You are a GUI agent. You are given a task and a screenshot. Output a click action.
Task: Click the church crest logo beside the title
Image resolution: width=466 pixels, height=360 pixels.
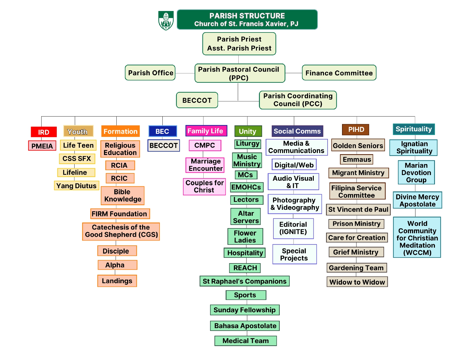(x=166, y=20)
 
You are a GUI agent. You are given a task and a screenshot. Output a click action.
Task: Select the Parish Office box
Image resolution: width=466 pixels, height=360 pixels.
(x=150, y=73)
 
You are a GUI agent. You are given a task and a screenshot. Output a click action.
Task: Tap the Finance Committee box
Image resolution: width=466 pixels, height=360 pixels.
(x=339, y=73)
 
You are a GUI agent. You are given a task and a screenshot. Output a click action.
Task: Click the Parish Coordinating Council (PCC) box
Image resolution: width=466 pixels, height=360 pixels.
(x=298, y=100)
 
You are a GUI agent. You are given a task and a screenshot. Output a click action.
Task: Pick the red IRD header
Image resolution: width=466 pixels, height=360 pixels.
(x=44, y=132)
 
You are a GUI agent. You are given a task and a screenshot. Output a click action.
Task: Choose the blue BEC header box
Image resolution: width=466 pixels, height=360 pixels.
(x=162, y=131)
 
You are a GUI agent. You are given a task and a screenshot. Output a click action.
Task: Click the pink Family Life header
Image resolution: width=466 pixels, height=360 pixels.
(x=206, y=131)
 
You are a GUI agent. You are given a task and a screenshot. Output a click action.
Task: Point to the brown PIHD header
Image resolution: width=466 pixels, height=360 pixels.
(x=356, y=130)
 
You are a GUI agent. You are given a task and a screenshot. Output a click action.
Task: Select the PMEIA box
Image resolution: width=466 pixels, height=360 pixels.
(x=42, y=146)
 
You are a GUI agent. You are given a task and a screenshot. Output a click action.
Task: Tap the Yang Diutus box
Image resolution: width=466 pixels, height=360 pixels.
(x=77, y=186)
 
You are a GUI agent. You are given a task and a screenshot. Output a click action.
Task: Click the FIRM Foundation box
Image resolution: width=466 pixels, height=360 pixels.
(x=120, y=214)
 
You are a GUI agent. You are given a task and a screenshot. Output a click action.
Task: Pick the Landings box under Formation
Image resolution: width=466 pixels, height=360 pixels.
(x=117, y=281)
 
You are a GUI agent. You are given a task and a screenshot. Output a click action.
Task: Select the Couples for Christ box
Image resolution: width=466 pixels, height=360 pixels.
(x=204, y=187)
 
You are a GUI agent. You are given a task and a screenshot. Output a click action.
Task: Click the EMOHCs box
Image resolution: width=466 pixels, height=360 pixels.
(x=246, y=187)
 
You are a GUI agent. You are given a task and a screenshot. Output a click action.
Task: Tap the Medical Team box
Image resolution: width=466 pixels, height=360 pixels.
(x=245, y=341)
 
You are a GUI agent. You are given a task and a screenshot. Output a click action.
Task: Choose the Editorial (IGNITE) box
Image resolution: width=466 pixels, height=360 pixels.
(x=293, y=228)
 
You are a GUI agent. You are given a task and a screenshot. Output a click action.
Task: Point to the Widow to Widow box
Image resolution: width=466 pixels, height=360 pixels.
(x=357, y=282)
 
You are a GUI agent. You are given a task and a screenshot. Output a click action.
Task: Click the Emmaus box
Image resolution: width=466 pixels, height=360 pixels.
(x=356, y=159)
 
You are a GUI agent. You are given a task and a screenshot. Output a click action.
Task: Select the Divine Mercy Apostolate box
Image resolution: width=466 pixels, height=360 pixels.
(x=417, y=200)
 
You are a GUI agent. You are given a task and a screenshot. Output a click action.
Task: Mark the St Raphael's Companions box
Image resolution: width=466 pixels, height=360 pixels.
(x=244, y=281)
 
